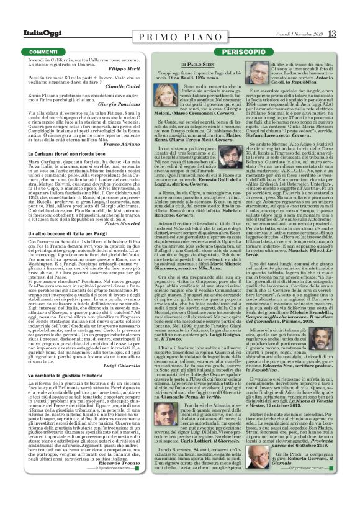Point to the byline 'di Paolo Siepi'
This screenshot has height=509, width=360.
pyautogui.click(x=198, y=64)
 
